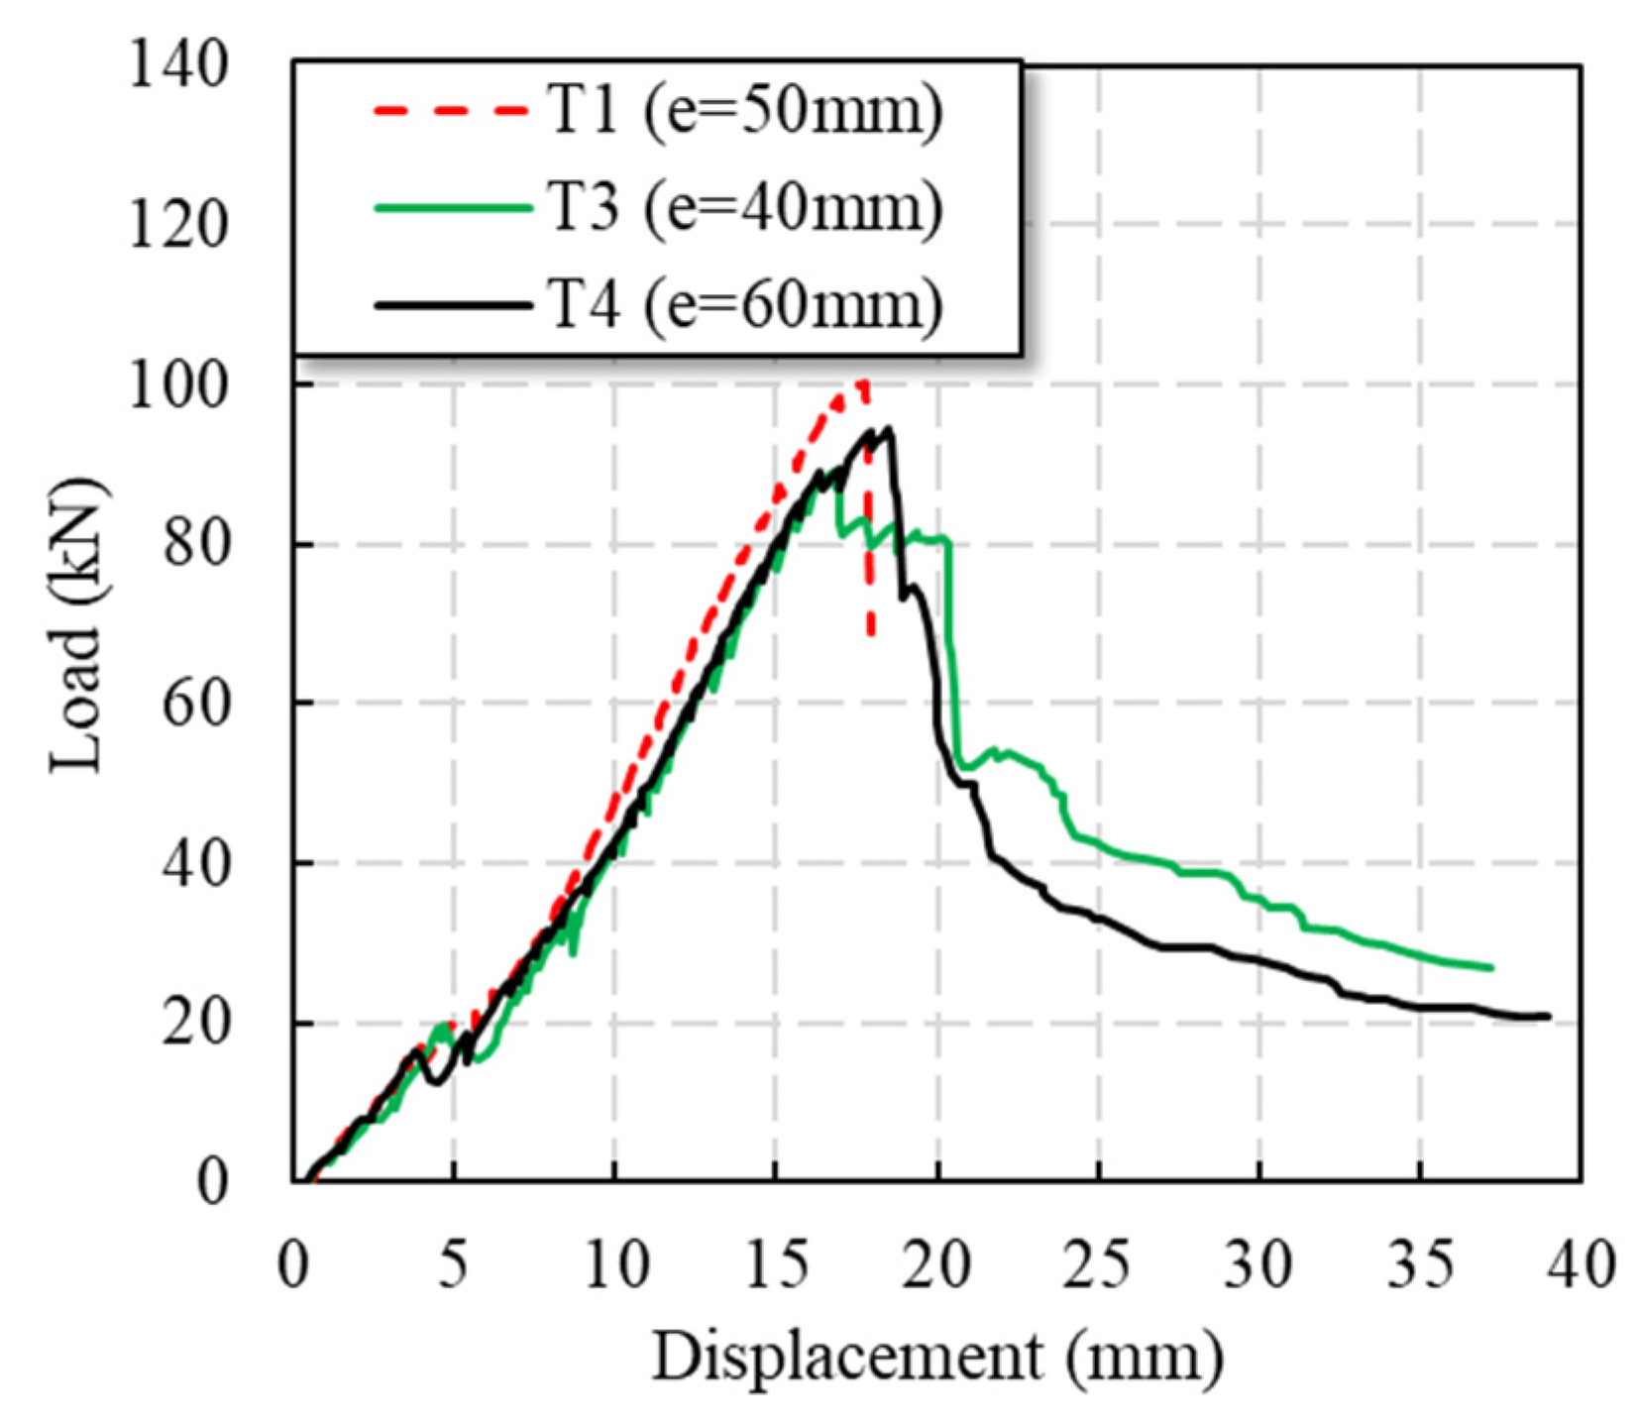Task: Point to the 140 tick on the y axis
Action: pyautogui.click(x=179, y=66)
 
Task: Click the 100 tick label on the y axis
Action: pyautogui.click(x=179, y=384)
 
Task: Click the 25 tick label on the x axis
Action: pyautogui.click(x=1098, y=1265)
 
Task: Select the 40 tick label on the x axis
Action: pyautogui.click(x=1582, y=1265)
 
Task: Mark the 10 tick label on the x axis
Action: pyautogui.click(x=615, y=1265)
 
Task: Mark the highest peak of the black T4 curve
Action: pyautogui.click(x=889, y=428)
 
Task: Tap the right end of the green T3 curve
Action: pyautogui.click(x=1491, y=967)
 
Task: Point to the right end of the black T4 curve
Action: pyautogui.click(x=1548, y=1016)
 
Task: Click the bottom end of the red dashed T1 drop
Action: pyautogui.click(x=871, y=634)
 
